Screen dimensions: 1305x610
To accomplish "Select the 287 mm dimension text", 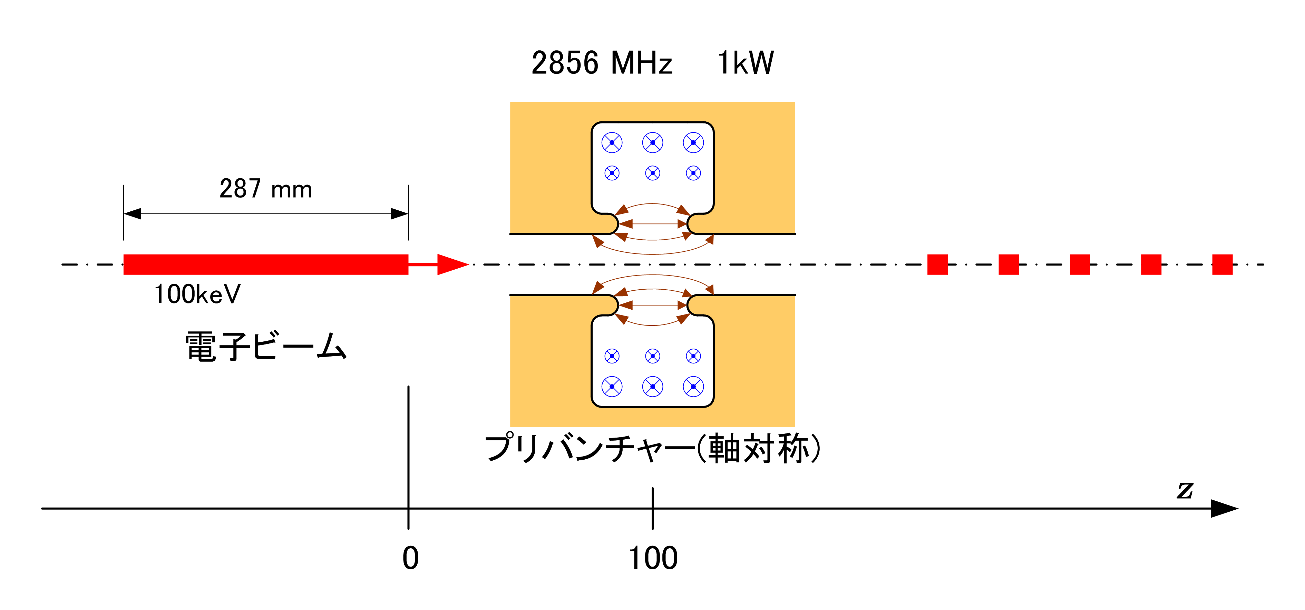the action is [x=265, y=189].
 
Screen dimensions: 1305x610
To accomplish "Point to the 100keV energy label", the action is [x=197, y=294].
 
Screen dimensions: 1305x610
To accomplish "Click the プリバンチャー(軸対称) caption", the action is [x=652, y=448].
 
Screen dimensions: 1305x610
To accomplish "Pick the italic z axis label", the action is [x=1185, y=490].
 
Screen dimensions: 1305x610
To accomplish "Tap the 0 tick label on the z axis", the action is [x=410, y=558].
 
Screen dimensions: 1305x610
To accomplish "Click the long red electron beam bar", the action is [x=266, y=264].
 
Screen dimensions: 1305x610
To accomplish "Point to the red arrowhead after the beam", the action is [x=453, y=264].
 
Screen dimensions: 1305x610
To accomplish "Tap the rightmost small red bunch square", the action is [x=1223, y=264].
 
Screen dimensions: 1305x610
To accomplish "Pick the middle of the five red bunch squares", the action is [x=1080, y=264].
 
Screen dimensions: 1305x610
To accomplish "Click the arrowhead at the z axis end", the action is [x=1225, y=508].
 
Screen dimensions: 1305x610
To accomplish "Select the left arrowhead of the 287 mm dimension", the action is [x=132, y=214].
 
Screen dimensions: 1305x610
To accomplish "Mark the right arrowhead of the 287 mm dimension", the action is [x=400, y=214].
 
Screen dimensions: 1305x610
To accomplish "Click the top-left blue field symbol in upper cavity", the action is [x=612, y=143].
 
